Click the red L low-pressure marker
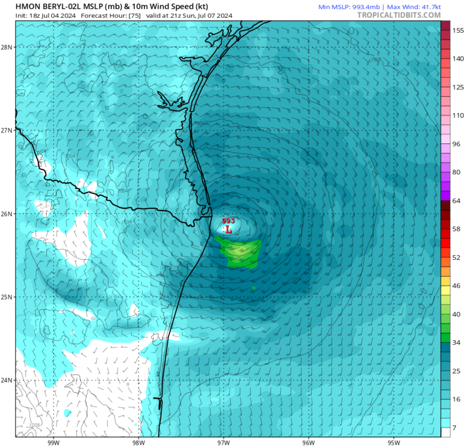228,229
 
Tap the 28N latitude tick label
8,47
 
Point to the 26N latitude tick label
8,213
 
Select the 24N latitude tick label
8,380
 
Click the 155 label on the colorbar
458,30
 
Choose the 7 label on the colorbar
454,428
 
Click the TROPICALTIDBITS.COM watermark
399,15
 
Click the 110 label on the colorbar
458,115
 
